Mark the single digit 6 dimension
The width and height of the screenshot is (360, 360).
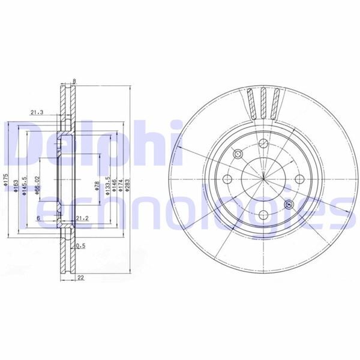coord(38,219)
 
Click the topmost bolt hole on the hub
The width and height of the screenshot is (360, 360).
coord(263,142)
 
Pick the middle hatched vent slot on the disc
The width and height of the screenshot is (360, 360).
coord(263,102)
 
